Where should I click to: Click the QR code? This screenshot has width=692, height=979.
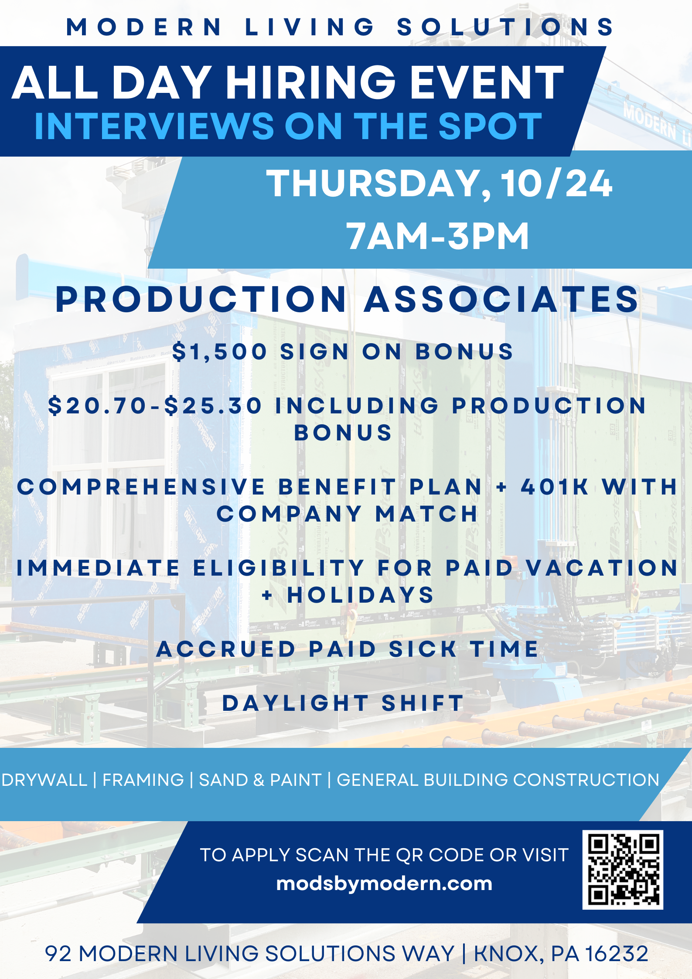[x=623, y=870]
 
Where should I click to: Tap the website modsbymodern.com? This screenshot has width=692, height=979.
[x=384, y=884]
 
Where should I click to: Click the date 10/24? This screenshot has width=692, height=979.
[x=557, y=184]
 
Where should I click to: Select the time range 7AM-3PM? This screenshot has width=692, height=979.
[x=437, y=236]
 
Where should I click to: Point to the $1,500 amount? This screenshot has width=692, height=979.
[x=219, y=351]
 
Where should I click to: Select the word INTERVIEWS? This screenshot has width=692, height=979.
[x=154, y=126]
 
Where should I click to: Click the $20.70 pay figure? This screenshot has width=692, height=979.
[x=97, y=406]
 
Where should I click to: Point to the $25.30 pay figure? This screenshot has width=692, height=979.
[x=213, y=406]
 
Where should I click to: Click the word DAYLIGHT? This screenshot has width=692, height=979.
[x=296, y=703]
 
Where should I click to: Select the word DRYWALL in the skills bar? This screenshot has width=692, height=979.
[x=44, y=780]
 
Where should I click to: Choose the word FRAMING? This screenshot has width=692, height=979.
[x=143, y=780]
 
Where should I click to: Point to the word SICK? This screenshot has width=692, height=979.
[x=423, y=649]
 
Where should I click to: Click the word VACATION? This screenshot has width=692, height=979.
[x=602, y=568]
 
